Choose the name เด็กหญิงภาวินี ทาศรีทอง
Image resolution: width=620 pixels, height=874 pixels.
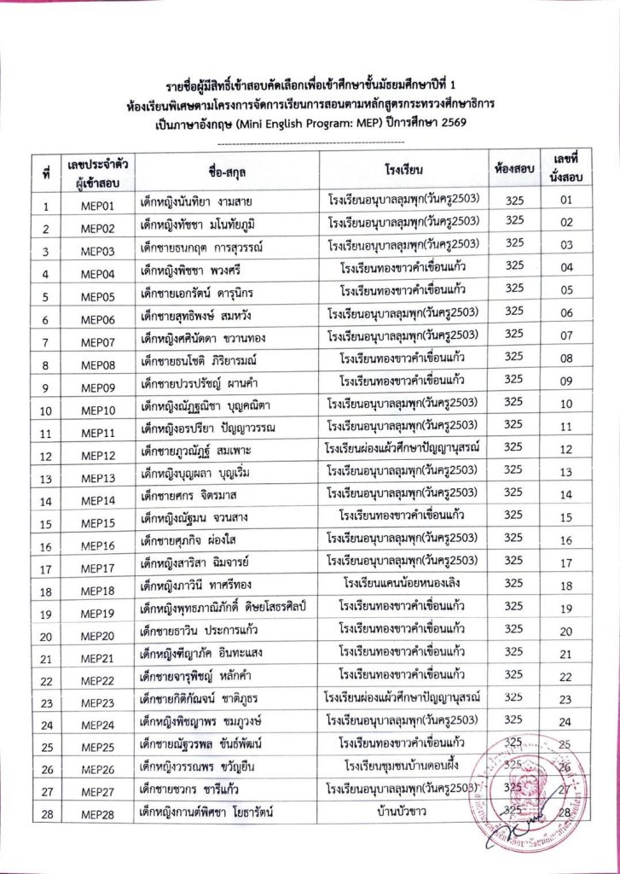[x=200, y=586]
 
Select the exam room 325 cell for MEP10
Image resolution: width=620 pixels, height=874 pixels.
[x=514, y=402]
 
